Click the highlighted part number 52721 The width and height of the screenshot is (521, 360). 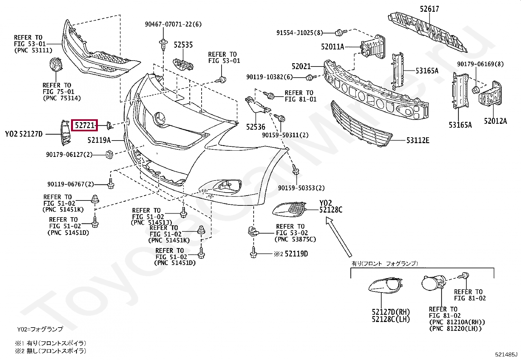pos(85,125)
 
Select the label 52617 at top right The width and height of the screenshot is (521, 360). pos(429,9)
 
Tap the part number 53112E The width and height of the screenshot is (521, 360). pos(418,141)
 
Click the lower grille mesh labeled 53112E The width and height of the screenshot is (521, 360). pos(360,126)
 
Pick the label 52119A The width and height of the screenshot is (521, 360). pos(99,141)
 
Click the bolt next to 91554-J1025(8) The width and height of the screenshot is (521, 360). pos(340,32)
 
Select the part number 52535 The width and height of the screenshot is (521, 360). pos(183,45)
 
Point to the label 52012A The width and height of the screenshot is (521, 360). pos(495,121)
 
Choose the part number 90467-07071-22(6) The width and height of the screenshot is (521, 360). pos(173,24)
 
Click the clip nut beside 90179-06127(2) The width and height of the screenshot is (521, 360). pos(109,154)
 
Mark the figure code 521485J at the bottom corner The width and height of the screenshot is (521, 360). pos(506,354)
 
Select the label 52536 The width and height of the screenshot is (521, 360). pos(256,127)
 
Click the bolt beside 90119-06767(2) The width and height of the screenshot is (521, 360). pos(111,184)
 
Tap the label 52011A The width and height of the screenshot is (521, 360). pos(332,47)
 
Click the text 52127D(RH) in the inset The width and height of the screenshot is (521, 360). pos(391,312)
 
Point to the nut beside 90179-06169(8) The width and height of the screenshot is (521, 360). pos(475,89)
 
